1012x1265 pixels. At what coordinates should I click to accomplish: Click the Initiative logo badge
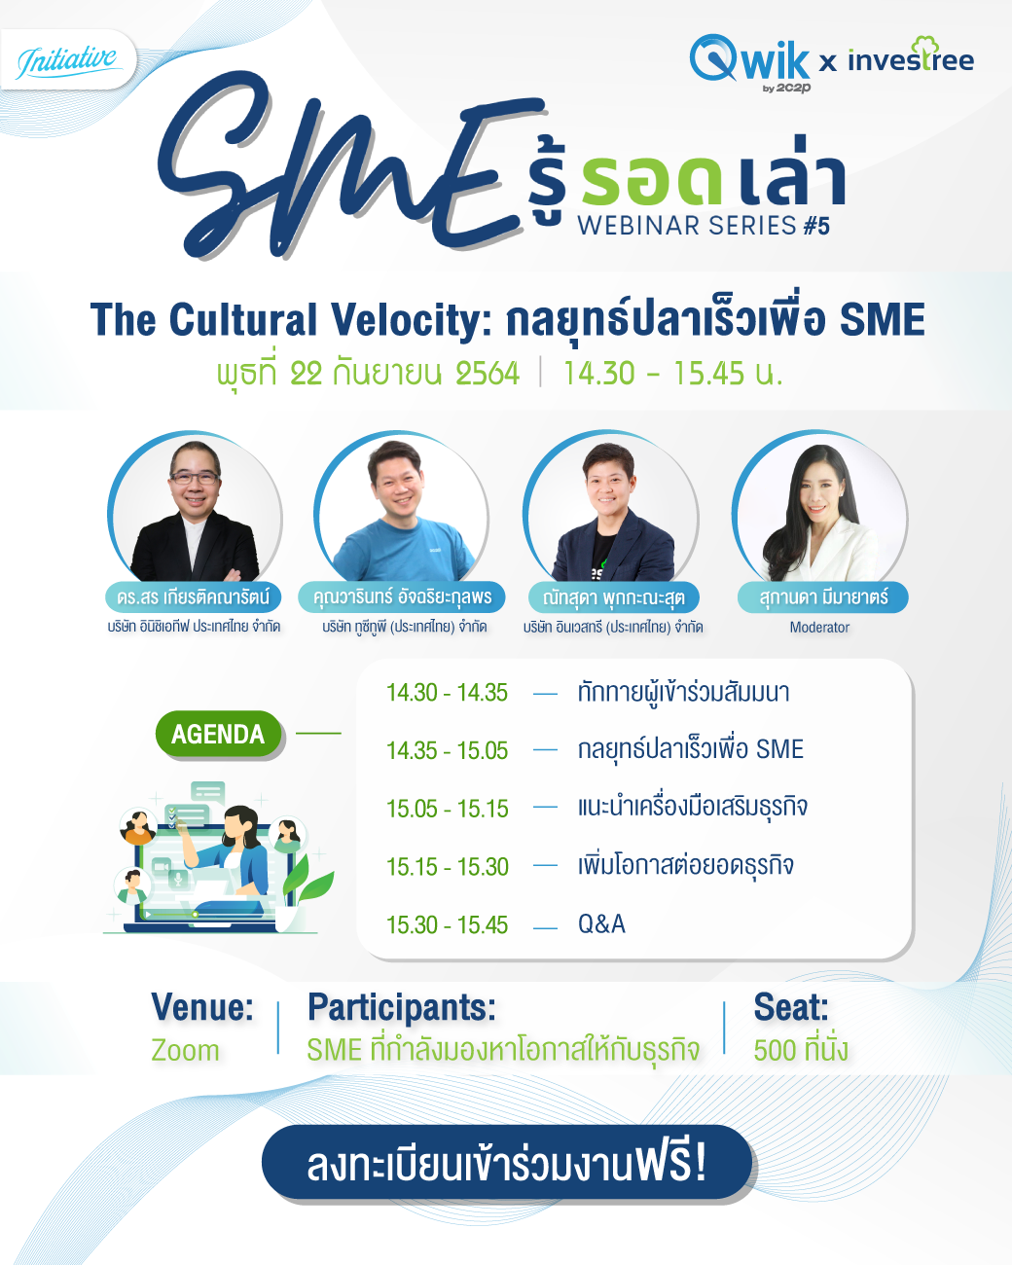67,60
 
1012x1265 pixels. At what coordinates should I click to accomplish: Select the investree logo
911,58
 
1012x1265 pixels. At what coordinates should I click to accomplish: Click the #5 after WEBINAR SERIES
816,227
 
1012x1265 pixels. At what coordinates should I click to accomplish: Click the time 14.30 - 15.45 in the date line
673,373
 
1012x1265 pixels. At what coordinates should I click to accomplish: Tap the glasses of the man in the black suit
194,478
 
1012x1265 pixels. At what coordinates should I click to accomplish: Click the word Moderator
819,628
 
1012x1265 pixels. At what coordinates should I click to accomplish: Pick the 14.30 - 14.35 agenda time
447,693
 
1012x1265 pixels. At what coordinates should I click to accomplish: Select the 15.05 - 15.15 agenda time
447,809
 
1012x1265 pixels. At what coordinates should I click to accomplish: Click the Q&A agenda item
601,924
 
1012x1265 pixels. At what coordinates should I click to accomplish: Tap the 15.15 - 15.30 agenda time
447,867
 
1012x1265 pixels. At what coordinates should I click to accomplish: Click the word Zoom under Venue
185,1050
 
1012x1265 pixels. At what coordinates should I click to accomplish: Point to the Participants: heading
402,1007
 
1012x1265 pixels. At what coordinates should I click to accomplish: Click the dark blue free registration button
507,1162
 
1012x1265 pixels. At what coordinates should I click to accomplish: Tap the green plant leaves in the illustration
307,879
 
